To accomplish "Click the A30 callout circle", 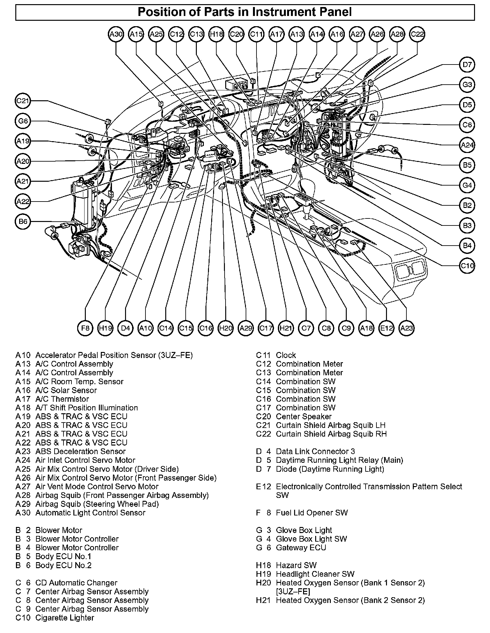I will (x=116, y=34).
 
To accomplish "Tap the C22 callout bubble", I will (x=417, y=34).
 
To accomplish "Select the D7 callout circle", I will (x=467, y=65).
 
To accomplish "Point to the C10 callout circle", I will (x=467, y=266).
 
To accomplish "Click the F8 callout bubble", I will (x=85, y=328).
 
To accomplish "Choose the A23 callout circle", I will (x=407, y=328).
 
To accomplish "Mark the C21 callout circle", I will (x=23, y=101).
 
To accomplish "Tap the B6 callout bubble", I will (x=23, y=222).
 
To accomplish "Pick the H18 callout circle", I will (x=216, y=34).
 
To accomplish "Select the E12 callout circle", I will (x=387, y=328).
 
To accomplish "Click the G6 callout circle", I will (x=23, y=121).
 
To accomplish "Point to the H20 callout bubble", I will (x=226, y=328).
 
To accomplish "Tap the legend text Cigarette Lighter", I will (x=64, y=618).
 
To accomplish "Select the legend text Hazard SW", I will (x=296, y=565).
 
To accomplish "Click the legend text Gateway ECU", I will (x=301, y=547).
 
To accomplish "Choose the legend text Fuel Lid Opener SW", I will (x=312, y=513).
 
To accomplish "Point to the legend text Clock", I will (x=286, y=355).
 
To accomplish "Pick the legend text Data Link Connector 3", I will (x=315, y=451).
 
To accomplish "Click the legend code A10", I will (x=23, y=355).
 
